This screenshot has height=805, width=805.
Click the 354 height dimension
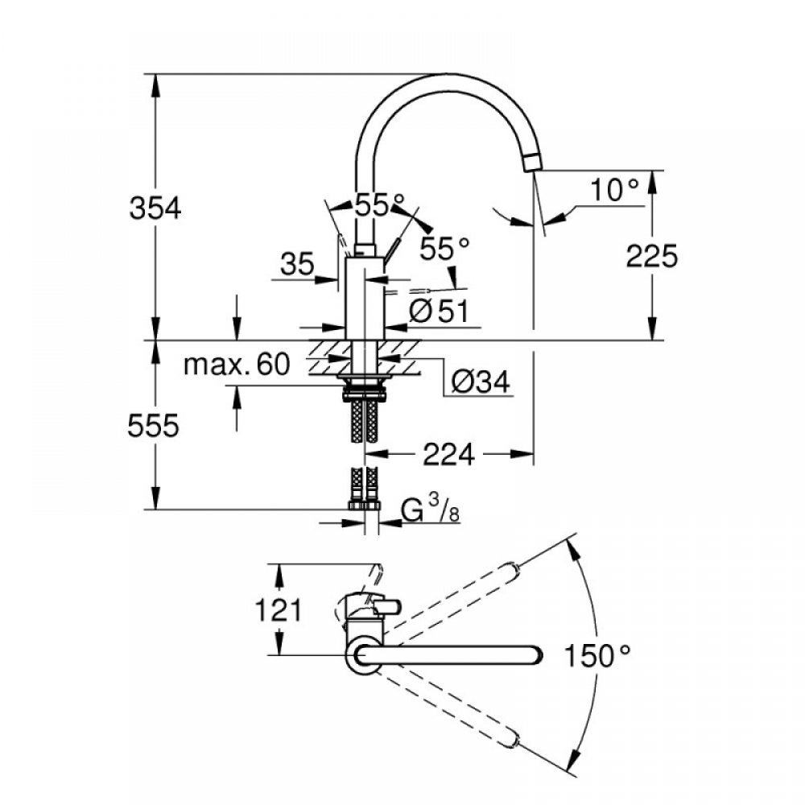pyautogui.click(x=155, y=209)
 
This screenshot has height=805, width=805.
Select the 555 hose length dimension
pyautogui.click(x=153, y=426)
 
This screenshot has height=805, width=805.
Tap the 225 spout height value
pyautogui.click(x=651, y=256)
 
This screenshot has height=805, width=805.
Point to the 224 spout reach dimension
pyautogui.click(x=448, y=454)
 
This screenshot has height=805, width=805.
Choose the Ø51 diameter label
pyautogui.click(x=439, y=311)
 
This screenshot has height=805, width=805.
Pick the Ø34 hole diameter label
pyautogui.click(x=481, y=382)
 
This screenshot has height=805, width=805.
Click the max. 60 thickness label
pyautogui.click(x=237, y=364)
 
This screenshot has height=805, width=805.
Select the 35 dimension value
pyautogui.click(x=297, y=265)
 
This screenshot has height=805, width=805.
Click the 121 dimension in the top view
pyautogui.click(x=278, y=610)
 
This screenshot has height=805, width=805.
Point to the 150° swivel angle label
pyautogui.click(x=597, y=655)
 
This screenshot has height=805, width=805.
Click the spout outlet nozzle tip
pyautogui.click(x=533, y=163)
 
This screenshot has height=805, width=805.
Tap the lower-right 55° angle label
pyautogui.click(x=444, y=249)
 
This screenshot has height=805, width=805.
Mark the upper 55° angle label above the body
pyautogui.click(x=380, y=204)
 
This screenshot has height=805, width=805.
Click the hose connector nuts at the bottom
pyautogui.click(x=364, y=506)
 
